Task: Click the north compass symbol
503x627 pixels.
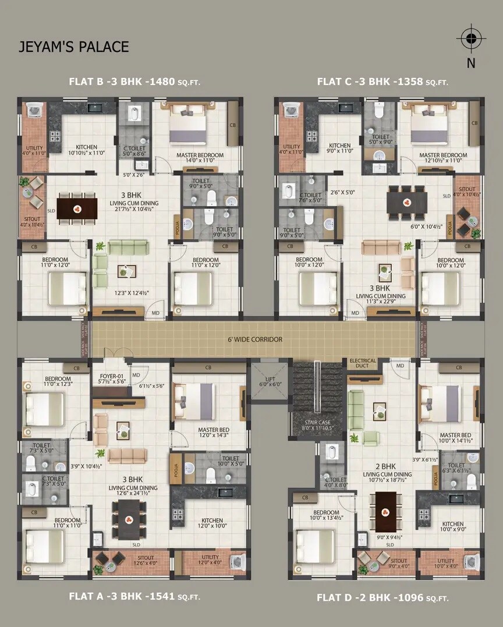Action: tap(471, 39)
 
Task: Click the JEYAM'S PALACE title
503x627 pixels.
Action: tap(73, 47)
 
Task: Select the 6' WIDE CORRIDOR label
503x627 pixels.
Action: tap(256, 339)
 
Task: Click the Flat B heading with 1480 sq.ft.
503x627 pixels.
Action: tap(134, 82)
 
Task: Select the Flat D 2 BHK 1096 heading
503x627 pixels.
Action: tap(382, 598)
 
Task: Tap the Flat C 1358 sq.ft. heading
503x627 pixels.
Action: tap(382, 82)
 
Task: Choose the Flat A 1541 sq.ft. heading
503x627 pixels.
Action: tap(134, 596)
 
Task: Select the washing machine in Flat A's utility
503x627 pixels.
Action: tap(238, 562)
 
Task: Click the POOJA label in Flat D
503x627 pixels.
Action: tap(435, 479)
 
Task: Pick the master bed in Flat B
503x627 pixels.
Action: tap(187, 126)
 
